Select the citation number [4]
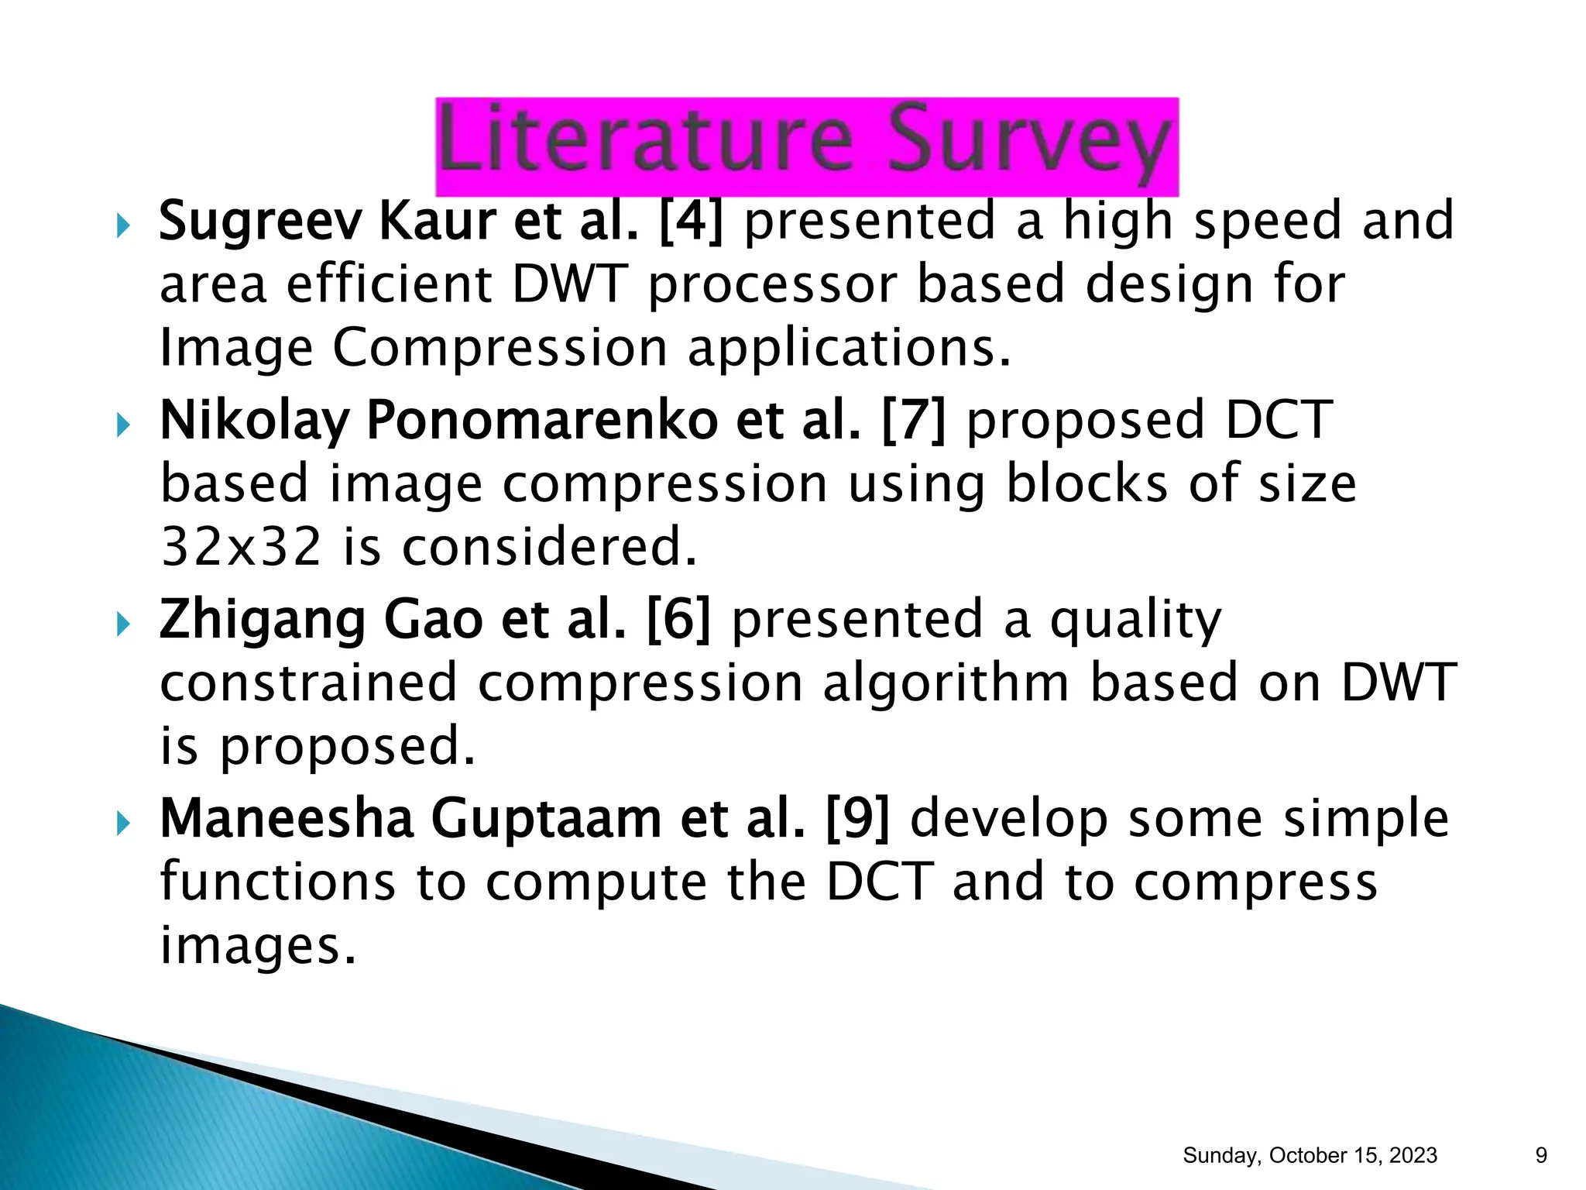pos(691,221)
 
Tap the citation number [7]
pos(914,420)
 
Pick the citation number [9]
pos(858,819)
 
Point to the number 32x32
pos(241,547)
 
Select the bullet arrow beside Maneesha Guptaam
pos(123,823)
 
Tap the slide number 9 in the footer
pos(1541,1155)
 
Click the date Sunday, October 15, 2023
pos(1310,1155)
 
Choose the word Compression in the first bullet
pos(499,349)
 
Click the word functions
pos(277,882)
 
